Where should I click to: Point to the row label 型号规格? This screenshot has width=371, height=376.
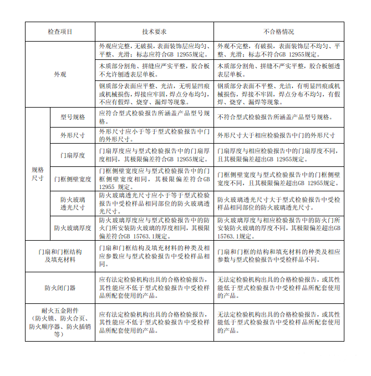[x=73, y=117]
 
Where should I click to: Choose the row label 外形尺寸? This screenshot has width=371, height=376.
[x=73, y=135]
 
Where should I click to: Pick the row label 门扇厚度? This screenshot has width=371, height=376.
[x=73, y=155]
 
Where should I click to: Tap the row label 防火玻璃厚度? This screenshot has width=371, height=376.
[x=73, y=227]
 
